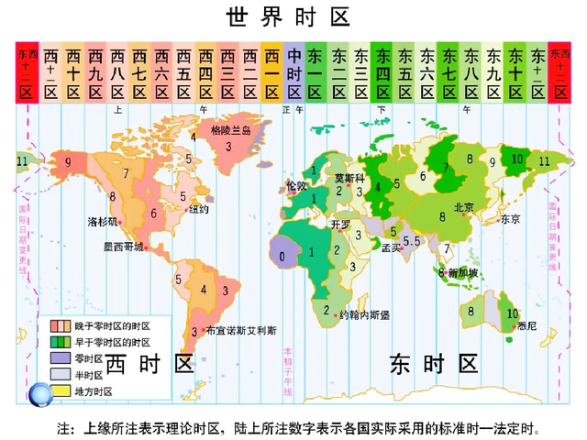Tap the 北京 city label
pyautogui.click(x=464, y=207)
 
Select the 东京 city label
pyautogui.click(x=510, y=219)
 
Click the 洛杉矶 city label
pyautogui.click(x=103, y=222)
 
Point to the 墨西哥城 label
pyautogui.click(x=123, y=247)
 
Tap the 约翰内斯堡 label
pyautogui.click(x=364, y=314)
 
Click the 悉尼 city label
pyautogui.click(x=526, y=324)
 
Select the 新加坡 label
pyautogui.click(x=464, y=272)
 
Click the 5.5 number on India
pyautogui.click(x=411, y=240)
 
